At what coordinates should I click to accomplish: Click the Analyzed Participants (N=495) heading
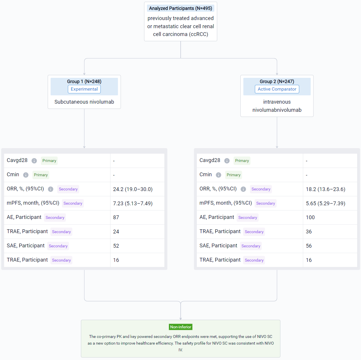pos(180,8)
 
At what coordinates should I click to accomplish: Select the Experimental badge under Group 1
pos(84,89)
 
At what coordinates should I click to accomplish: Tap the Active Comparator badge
pos(277,89)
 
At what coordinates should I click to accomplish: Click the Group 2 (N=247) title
pos(277,81)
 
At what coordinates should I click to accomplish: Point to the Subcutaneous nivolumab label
pos(84,102)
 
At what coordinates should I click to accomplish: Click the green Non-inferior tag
pos(181,327)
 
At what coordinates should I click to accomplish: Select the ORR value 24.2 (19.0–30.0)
pos(133,189)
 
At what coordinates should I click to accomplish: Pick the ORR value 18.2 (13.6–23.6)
pos(325,189)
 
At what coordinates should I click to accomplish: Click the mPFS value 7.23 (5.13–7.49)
pos(133,203)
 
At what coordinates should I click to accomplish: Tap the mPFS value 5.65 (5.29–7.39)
pos(325,203)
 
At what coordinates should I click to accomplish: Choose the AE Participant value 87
pos(116,217)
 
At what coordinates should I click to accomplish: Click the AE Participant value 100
pos(310,217)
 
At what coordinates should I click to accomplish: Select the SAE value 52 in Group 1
pos(116,246)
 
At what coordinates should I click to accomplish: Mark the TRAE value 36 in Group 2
pos(309,232)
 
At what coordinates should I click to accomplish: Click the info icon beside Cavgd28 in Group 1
pos(34,161)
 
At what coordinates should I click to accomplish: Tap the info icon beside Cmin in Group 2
pos(218,175)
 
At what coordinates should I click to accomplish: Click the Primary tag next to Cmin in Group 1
pos(41,175)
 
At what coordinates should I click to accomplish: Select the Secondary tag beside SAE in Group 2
pos(251,246)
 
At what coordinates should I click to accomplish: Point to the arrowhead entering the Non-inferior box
pos(181,319)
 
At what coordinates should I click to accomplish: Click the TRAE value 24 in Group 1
pos(116,232)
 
